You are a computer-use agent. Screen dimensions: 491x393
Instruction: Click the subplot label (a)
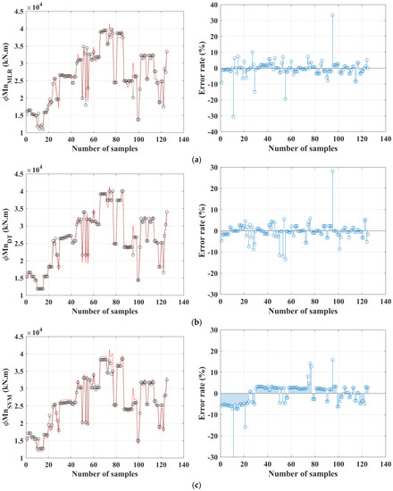coord(196,157)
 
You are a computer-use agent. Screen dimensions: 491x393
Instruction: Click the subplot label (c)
coord(196,483)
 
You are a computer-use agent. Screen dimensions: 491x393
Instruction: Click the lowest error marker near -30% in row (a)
coord(234,117)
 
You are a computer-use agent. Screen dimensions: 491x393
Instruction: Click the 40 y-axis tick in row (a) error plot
coord(213,5)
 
